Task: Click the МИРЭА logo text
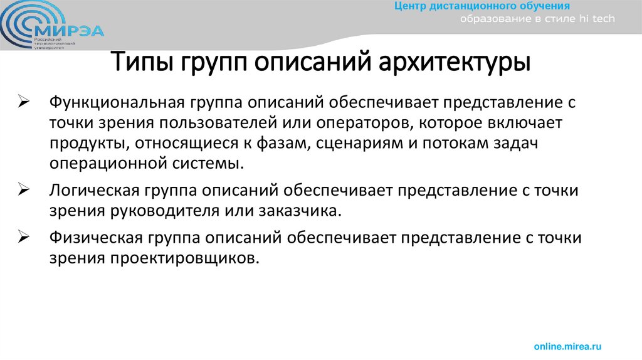coord(72,30)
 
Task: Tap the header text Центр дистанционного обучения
coord(481,6)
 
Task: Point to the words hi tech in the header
coord(596,19)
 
